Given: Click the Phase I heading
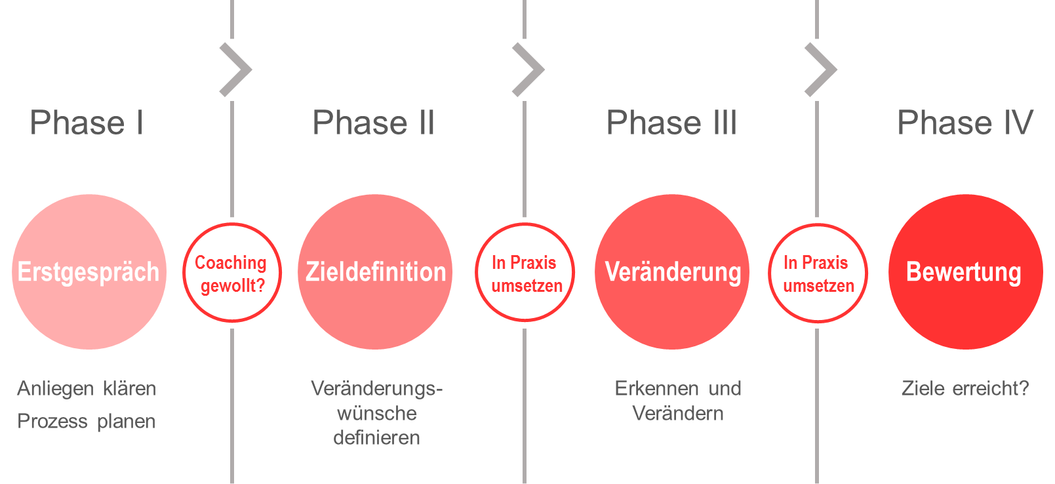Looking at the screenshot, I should coord(87,123).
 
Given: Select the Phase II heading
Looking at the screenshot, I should coord(374,123).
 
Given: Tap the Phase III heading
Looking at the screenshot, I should coord(671,123).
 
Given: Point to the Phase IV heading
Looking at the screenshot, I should coord(965,123).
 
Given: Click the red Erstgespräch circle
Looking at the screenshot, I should coord(89,272).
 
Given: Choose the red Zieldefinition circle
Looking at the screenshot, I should coord(375,272).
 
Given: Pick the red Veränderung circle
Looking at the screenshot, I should coord(672,272).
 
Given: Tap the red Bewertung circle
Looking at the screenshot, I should coord(965,272).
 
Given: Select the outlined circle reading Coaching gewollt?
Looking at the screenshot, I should coord(232,273).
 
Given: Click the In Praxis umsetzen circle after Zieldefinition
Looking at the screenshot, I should coord(525,273).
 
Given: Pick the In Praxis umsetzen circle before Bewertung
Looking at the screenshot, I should coord(818,273).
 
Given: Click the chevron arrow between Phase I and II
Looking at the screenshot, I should coord(235,70).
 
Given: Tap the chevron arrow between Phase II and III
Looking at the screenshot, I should coord(528,70).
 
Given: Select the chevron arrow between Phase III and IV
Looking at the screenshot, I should coord(820,70).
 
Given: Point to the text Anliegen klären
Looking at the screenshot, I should coord(87,388).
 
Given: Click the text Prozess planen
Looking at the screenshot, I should coord(87,421).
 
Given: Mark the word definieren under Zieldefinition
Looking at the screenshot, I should coord(376,437).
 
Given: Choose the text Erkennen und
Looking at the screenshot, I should coord(678,388).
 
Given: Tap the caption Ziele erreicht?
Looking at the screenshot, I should coord(965,388).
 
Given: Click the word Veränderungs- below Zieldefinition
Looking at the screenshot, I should coord(376,388).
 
